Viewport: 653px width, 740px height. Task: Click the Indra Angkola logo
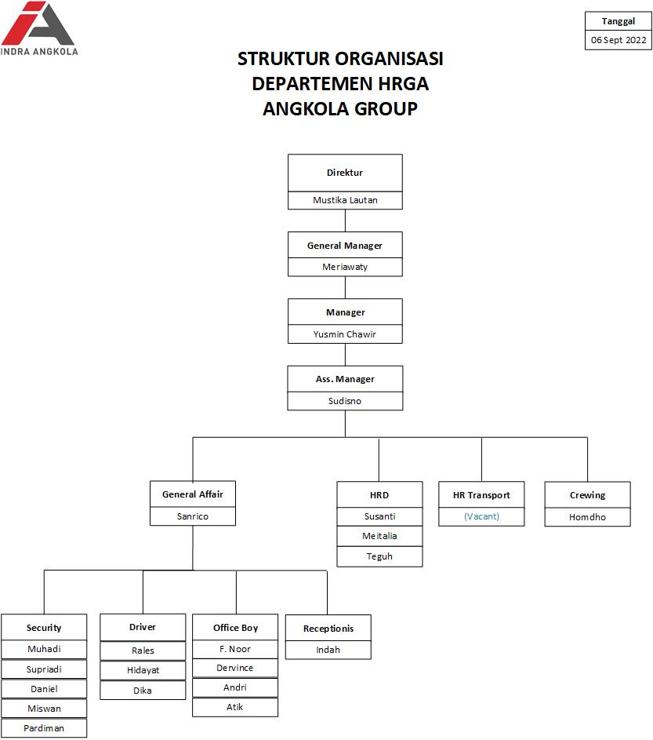click(x=39, y=28)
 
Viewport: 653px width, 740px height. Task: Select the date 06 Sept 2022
click(x=619, y=40)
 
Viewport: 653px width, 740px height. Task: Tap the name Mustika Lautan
click(x=345, y=200)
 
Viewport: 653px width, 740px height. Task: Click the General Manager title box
click(x=345, y=246)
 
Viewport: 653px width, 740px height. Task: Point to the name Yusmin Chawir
click(x=345, y=334)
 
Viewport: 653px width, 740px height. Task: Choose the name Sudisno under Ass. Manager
click(x=345, y=401)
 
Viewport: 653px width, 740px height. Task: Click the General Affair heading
click(x=193, y=494)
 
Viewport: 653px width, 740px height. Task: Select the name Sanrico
click(x=193, y=516)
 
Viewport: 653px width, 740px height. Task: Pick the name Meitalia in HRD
click(x=379, y=536)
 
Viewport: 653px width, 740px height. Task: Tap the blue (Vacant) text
click(x=481, y=516)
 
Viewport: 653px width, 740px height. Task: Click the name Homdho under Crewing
click(x=587, y=517)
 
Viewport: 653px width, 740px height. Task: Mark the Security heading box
click(x=44, y=628)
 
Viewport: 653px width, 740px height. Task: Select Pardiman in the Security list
click(x=44, y=728)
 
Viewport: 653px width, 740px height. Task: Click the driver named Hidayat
click(x=143, y=670)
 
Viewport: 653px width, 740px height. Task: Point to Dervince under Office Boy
click(x=235, y=668)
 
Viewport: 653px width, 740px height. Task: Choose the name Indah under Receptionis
click(x=328, y=650)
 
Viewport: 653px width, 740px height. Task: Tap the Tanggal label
click(x=619, y=21)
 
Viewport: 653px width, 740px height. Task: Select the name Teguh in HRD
click(x=379, y=556)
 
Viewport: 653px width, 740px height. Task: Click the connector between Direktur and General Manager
click(x=345, y=221)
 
